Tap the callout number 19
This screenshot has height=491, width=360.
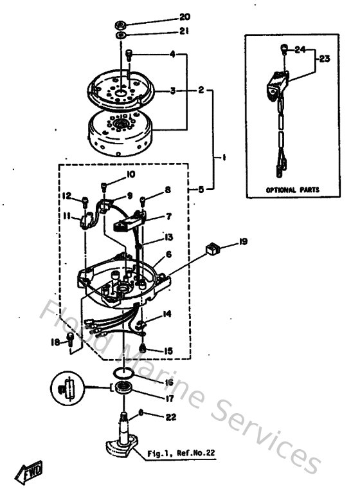click(242, 242)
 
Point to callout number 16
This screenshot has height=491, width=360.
click(169, 382)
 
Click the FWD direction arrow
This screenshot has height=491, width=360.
click(30, 474)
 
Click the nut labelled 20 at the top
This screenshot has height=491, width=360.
click(121, 25)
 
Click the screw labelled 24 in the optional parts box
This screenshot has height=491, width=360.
click(283, 48)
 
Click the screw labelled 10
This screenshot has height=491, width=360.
click(104, 187)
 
